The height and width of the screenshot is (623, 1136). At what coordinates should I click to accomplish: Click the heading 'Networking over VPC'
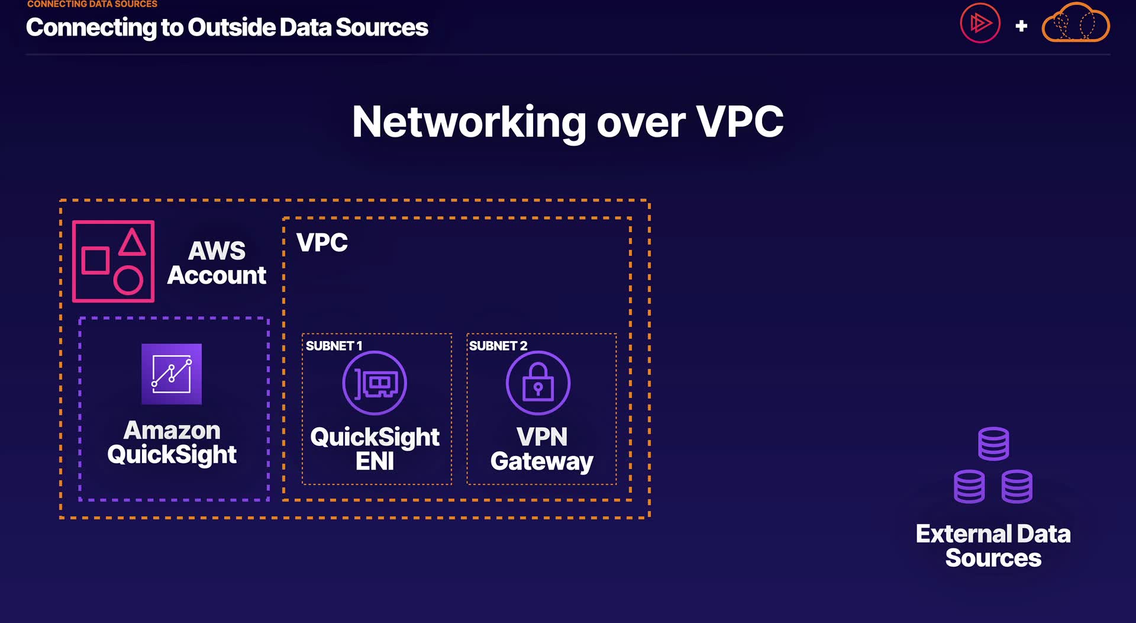tap(567, 123)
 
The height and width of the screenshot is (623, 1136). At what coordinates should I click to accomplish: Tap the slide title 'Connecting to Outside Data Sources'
tap(227, 27)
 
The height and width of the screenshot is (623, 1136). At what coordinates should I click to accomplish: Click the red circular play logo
tap(980, 24)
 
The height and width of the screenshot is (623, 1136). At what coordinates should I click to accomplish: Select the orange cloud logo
tap(1076, 23)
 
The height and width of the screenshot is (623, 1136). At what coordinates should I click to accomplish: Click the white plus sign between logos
tap(1021, 26)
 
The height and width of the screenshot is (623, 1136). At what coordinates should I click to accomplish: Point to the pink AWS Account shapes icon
tap(114, 261)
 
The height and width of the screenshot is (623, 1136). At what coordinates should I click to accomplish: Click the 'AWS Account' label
tap(217, 263)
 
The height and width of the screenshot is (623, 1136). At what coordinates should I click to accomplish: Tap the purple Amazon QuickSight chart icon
tap(172, 374)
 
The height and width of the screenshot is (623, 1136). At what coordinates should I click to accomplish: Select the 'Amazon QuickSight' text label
tap(172, 442)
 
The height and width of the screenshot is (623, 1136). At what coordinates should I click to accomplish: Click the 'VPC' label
tap(322, 243)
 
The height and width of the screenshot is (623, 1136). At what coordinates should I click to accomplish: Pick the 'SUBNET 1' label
tap(334, 346)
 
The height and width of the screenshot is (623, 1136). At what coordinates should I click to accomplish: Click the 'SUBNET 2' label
tap(498, 346)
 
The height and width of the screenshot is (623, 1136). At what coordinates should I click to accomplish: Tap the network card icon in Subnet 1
tap(375, 383)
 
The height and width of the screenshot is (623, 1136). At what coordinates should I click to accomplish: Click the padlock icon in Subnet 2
tap(538, 383)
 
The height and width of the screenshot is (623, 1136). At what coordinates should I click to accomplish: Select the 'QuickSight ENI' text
tap(375, 449)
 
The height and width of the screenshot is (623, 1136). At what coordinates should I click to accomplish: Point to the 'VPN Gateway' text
tap(541, 449)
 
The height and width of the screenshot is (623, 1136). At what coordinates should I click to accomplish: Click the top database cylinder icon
tap(993, 444)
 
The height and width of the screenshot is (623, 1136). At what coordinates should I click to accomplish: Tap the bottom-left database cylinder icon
tap(970, 487)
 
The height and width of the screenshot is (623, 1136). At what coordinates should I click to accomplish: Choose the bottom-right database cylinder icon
tap(1017, 487)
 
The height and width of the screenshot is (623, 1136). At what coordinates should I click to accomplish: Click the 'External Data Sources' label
tap(993, 546)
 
